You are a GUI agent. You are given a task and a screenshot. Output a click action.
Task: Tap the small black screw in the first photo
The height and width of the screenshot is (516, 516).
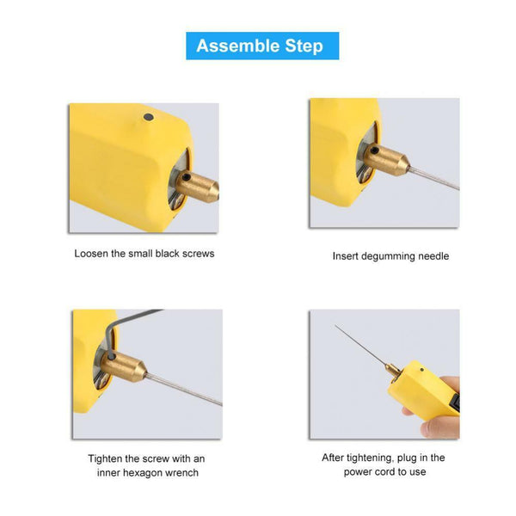(x=147, y=118)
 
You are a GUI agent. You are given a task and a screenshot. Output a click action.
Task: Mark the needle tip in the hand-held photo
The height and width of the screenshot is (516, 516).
(x=337, y=328)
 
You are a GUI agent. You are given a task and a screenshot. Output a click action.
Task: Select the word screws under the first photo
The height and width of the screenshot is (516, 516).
(x=199, y=254)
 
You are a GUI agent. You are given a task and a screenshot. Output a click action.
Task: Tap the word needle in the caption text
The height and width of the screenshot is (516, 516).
(x=433, y=255)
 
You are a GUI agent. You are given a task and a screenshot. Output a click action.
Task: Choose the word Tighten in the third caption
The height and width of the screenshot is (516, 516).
(x=107, y=458)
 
